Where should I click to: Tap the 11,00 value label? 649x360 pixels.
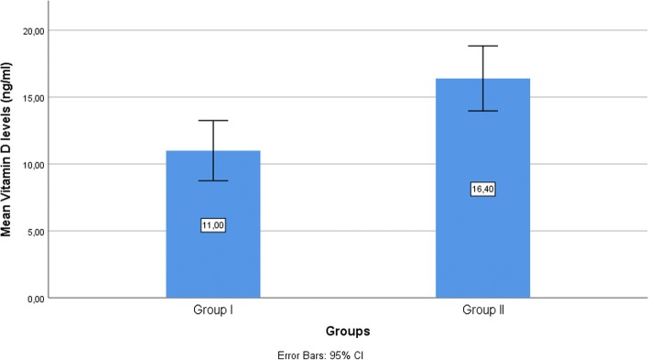(x=212, y=224)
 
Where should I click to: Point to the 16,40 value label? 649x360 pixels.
(x=482, y=190)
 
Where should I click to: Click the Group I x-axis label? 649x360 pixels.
(x=212, y=311)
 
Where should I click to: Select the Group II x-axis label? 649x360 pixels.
(x=482, y=311)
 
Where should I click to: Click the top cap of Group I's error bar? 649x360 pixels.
(x=212, y=120)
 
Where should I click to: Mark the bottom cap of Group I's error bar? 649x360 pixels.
(x=212, y=180)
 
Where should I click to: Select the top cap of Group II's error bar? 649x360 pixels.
(x=482, y=46)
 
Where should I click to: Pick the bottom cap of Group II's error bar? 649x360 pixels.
(x=482, y=111)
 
